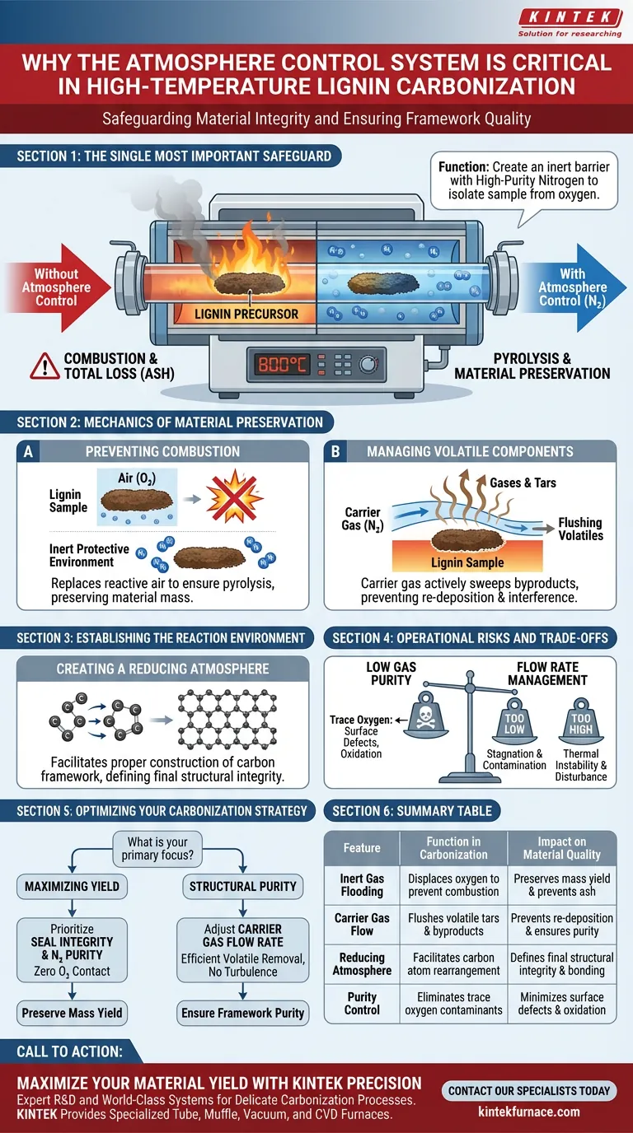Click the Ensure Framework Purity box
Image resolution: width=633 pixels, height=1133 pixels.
[x=243, y=1013]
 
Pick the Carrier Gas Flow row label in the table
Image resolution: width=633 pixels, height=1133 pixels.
[x=362, y=924]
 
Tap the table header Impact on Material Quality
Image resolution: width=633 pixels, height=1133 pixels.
[x=561, y=846]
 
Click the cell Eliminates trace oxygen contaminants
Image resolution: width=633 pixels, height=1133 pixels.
[x=453, y=1003]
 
